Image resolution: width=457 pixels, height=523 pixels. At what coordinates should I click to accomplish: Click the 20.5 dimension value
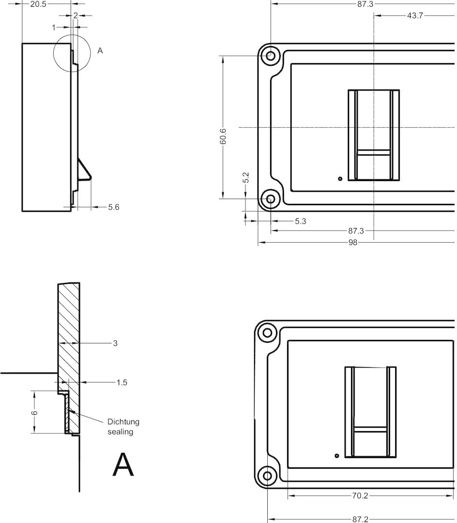[38, 4]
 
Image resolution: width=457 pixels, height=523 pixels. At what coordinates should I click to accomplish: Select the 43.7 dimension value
[415, 15]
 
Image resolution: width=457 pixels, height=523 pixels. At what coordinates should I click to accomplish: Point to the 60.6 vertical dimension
[223, 136]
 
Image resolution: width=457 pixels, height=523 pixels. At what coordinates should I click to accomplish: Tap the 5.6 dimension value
[114, 207]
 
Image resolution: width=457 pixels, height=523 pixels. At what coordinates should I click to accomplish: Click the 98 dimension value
[352, 243]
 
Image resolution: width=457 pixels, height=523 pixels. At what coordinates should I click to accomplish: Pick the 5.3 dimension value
[300, 221]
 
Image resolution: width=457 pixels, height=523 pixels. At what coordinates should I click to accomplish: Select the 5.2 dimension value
[246, 177]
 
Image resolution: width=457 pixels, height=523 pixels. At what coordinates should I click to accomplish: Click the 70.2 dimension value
[360, 496]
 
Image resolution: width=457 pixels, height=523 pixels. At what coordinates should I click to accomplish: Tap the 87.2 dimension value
[361, 519]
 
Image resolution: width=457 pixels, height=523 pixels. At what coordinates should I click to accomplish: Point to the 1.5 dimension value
[122, 383]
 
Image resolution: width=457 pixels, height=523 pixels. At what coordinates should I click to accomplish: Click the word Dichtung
[123, 422]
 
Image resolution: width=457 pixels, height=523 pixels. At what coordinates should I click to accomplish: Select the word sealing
[121, 432]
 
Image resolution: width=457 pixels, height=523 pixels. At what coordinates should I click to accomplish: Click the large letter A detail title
[123, 464]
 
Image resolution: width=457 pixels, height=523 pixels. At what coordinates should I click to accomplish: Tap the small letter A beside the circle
[100, 51]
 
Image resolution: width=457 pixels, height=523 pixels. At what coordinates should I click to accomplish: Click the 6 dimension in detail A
[34, 413]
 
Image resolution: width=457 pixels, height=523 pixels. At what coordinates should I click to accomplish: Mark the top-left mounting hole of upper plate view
[271, 56]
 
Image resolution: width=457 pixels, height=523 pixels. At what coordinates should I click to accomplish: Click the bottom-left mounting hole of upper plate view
[271, 199]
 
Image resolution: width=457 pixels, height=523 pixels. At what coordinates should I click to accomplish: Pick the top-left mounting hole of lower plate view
[267, 333]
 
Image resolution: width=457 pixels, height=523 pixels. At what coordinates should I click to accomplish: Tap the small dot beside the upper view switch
[340, 179]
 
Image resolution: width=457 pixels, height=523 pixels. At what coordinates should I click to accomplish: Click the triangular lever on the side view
[84, 171]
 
